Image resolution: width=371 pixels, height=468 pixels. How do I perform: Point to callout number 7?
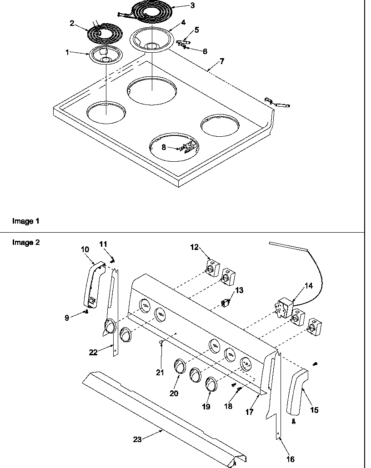(221, 61)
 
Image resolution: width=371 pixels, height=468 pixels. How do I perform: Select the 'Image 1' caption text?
(25, 221)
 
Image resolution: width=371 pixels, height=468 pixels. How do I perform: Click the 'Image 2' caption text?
(25, 243)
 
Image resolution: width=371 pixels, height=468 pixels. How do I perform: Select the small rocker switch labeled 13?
(224, 302)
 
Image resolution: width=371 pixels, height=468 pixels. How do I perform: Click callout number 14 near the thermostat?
(308, 286)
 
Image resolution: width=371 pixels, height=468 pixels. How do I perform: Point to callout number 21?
(160, 373)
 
